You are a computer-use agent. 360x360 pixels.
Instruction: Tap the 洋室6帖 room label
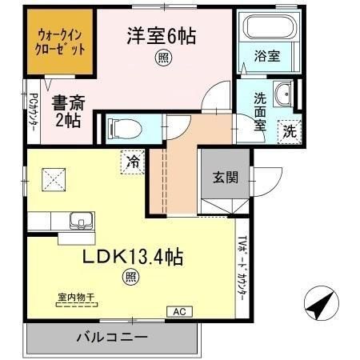coord(162,35)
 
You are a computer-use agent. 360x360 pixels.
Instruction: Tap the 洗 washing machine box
coord(290,131)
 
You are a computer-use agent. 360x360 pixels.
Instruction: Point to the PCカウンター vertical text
coord(33,111)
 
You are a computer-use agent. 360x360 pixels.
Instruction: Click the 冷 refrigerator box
coord(133,162)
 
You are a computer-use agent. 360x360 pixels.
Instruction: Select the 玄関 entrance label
coord(225,177)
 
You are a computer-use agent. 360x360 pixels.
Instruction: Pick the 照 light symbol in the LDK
coord(130,278)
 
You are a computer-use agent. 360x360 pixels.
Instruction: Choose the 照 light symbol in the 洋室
coord(163,57)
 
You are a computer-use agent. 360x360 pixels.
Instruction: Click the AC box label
coord(178,310)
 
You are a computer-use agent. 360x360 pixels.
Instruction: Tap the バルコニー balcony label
coord(111,337)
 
